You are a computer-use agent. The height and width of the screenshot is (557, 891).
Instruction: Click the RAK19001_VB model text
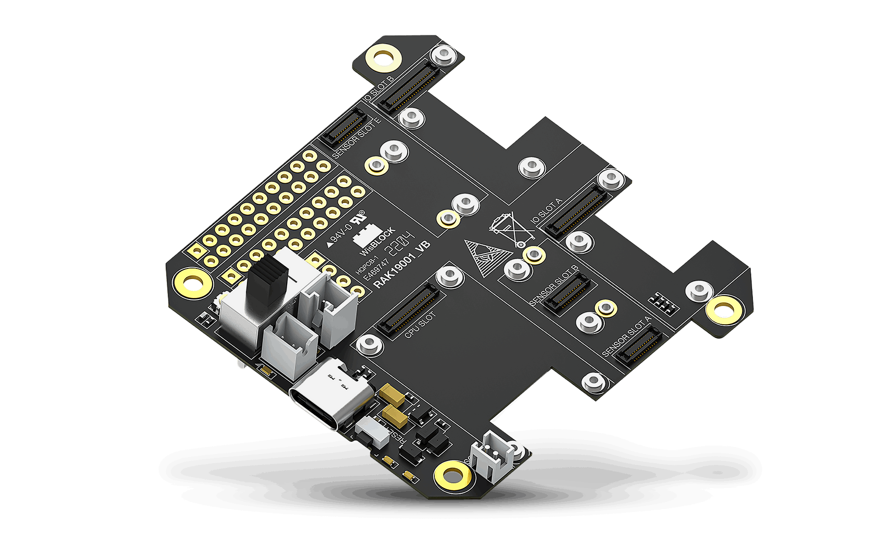[x=402, y=265]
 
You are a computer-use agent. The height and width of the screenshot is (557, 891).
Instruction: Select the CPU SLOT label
[x=420, y=326]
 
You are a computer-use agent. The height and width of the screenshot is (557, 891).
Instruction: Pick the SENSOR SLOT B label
[x=554, y=285]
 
